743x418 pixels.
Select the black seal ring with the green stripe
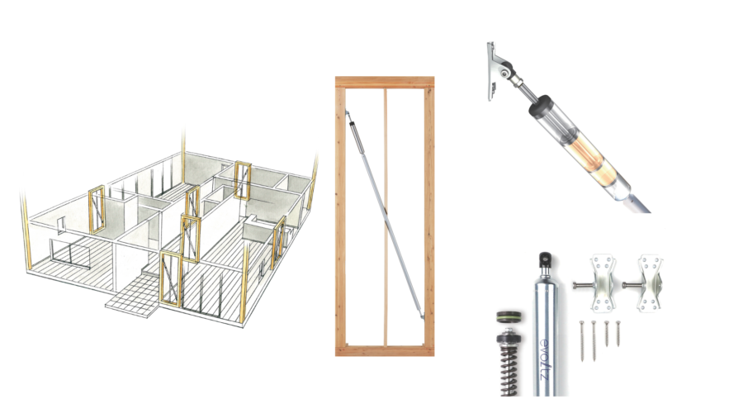point(510,317)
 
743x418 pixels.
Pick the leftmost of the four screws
point(582,340)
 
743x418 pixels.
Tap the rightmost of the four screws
point(618,334)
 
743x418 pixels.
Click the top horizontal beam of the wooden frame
point(384,82)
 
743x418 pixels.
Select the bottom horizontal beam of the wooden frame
point(384,351)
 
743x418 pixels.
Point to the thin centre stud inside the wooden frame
point(386,216)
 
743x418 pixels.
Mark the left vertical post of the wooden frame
point(340,216)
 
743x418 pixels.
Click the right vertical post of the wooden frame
point(428,216)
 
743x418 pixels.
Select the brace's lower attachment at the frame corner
point(421,314)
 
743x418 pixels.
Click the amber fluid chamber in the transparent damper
point(591,156)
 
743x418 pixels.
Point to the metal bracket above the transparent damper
point(499,70)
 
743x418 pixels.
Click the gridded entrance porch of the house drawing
point(134,294)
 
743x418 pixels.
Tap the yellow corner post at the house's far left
point(26,232)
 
